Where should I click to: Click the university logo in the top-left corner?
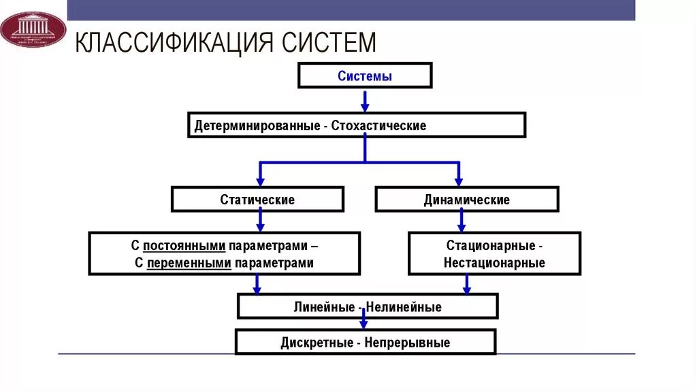(x=32, y=29)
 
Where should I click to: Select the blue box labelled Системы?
(x=365, y=76)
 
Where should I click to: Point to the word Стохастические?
(x=379, y=126)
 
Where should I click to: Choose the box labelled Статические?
(x=257, y=200)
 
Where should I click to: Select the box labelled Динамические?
(x=466, y=200)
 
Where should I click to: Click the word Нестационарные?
(x=494, y=263)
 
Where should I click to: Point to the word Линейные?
(x=323, y=307)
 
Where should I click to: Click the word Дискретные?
(x=316, y=343)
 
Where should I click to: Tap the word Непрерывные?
(x=407, y=343)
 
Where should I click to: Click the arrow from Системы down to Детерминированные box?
(x=365, y=101)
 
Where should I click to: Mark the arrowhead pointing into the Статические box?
(x=259, y=181)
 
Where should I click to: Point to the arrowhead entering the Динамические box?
(x=459, y=181)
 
